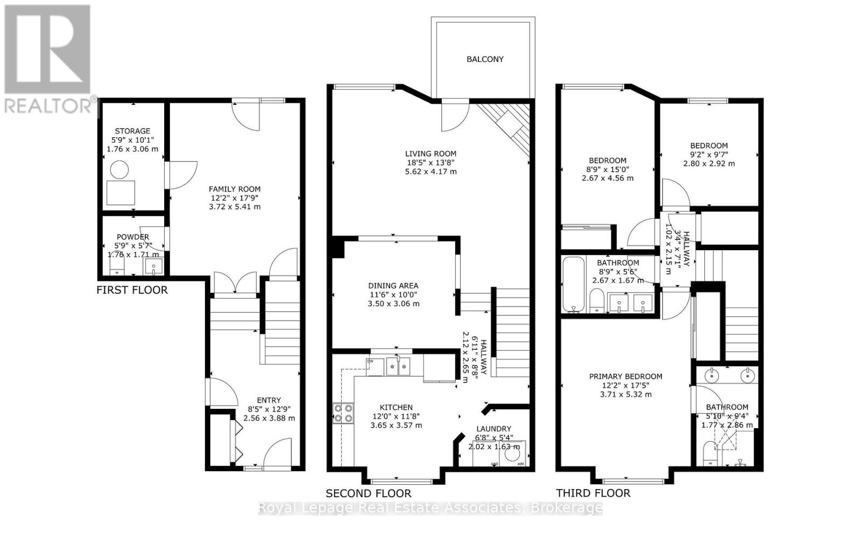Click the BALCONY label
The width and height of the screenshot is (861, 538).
485,59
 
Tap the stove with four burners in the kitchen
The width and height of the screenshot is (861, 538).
343,413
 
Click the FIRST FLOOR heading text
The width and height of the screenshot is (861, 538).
132,291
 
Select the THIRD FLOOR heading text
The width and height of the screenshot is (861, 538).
593,493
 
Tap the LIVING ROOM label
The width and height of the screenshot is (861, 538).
431,153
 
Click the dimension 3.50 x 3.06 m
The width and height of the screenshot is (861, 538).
393,303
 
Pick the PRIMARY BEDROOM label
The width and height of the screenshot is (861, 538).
625,377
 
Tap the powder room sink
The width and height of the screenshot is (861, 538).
153,266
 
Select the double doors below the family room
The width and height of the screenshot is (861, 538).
235,284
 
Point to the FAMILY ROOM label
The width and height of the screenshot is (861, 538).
235,189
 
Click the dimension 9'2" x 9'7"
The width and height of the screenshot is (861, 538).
709,154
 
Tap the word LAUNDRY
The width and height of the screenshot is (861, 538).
493,429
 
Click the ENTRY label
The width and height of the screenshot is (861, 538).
269,400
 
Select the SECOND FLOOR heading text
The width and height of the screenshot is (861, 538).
368,493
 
